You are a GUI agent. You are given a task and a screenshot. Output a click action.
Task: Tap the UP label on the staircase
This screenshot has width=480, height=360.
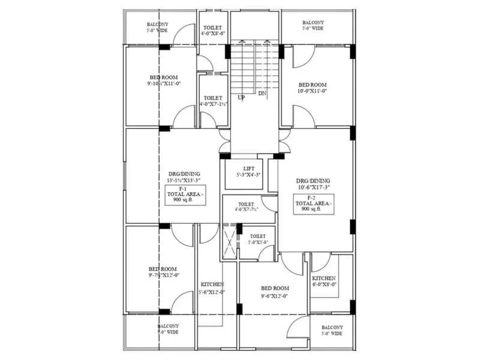pos(241,97)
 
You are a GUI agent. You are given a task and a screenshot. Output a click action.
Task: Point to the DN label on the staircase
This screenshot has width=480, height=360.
pos(262,94)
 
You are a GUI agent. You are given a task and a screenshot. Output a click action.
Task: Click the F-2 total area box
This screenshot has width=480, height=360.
pos(312,203)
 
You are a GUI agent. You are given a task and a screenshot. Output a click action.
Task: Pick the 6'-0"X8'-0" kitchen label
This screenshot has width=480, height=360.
pos(325,281)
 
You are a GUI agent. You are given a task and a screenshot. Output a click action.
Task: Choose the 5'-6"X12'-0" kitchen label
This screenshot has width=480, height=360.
pos(212,288)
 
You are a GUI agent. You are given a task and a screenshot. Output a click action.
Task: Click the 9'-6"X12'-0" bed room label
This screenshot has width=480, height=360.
pos(275,292)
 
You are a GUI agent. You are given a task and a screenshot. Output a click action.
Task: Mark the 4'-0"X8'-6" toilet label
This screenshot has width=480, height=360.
pos(213,31)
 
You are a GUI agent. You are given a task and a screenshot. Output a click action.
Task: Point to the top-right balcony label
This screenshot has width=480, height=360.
pos(313,25)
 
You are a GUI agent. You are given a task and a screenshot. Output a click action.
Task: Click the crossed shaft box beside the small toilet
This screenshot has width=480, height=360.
pos(229,242)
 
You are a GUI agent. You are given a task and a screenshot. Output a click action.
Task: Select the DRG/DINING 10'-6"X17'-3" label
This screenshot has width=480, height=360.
pos(313,184)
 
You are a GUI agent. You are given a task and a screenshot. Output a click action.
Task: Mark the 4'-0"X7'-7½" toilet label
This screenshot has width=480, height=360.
pos(246,207)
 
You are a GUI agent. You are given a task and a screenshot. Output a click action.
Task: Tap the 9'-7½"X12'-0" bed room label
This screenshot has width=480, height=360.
pos(163,272)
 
